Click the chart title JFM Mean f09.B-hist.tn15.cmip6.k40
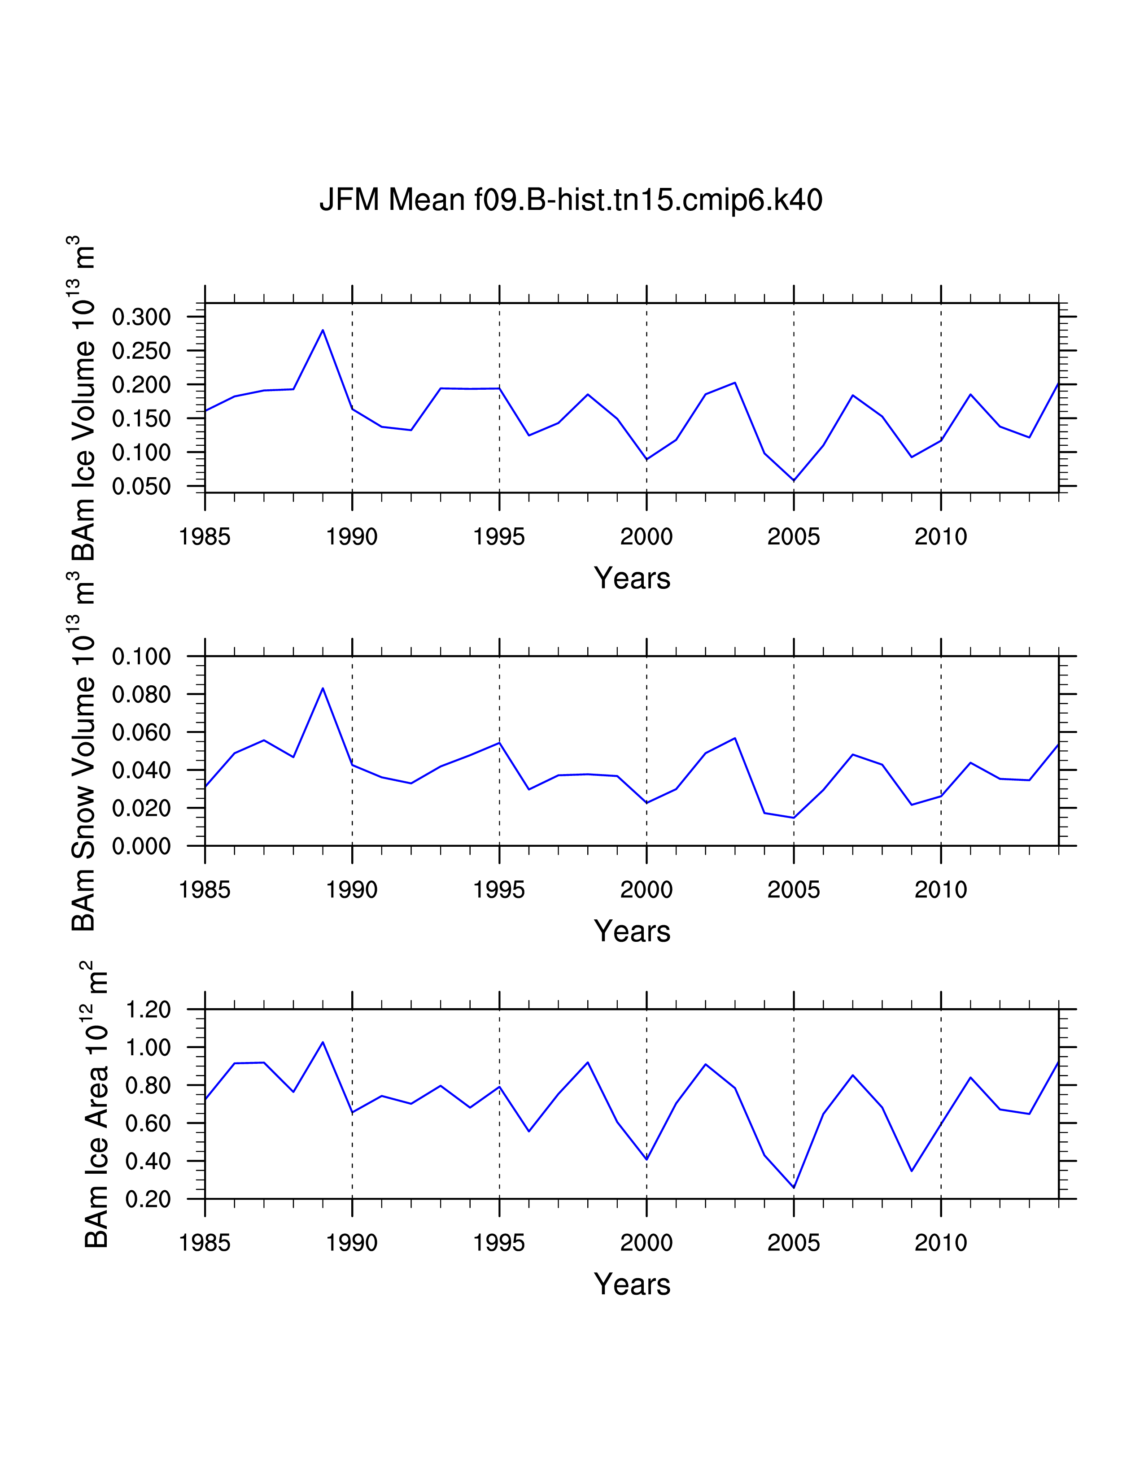click(571, 200)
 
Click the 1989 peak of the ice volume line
click(323, 330)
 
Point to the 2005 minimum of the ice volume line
click(794, 480)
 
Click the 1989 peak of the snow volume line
click(323, 688)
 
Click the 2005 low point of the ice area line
click(794, 1187)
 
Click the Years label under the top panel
click(632, 579)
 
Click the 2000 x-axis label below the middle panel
click(646, 890)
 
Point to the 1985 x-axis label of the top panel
click(205, 537)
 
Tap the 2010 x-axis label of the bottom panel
click(941, 1243)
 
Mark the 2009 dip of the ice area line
click(912, 1170)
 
